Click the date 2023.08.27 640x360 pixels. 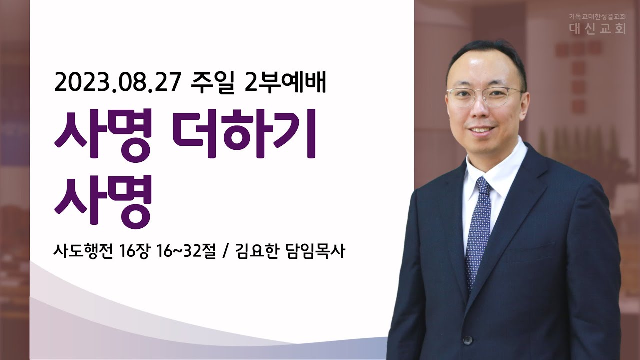[117, 83]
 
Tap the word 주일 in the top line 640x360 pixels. [212, 83]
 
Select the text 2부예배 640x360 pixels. [285, 83]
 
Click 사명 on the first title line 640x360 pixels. [103, 135]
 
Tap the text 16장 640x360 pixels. [134, 251]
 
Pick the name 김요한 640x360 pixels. [257, 251]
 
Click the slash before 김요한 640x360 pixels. [225, 252]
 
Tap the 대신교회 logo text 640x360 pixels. [597, 28]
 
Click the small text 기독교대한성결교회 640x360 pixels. [596, 17]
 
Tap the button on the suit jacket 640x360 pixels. [467, 340]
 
